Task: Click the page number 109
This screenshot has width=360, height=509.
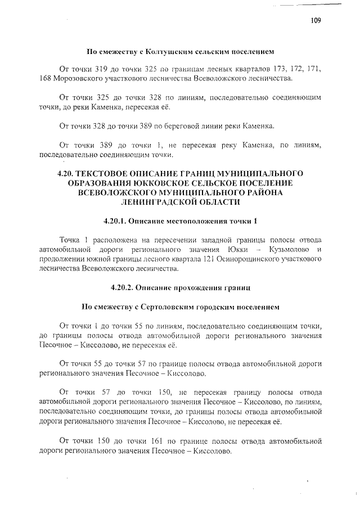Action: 316,21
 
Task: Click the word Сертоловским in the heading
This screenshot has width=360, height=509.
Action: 169,308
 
